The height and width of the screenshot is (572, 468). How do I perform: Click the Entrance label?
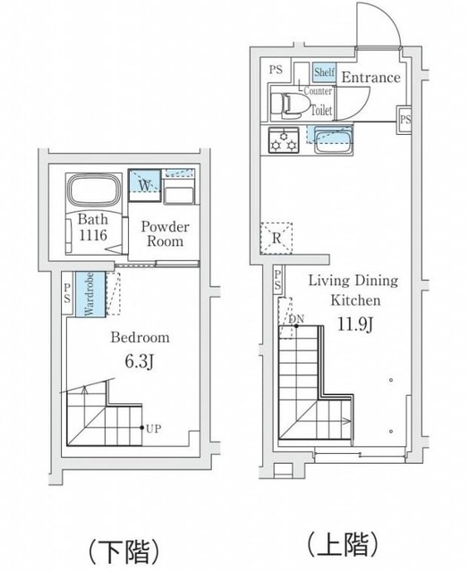tap(370, 78)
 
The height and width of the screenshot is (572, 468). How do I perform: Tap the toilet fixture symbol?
tap(286, 105)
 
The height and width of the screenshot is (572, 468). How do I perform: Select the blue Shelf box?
tap(325, 72)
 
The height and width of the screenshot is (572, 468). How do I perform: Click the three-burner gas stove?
tap(284, 139)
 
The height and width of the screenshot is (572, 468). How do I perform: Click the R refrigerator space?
tap(277, 239)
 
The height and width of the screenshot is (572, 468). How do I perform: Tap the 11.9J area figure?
tap(354, 324)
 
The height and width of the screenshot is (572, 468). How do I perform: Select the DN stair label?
tap(296, 319)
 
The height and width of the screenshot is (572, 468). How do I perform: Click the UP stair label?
tap(153, 429)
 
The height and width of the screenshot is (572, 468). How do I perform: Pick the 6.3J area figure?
tap(140, 361)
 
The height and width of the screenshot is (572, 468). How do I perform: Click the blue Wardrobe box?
tap(90, 294)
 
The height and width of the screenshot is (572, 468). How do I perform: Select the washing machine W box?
tap(145, 185)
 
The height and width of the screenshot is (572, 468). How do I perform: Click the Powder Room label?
tap(166, 234)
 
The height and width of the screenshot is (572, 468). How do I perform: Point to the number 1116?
tap(93, 235)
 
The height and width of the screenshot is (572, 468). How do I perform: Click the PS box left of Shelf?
tap(276, 70)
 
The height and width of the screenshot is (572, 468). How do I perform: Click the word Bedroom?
tap(140, 337)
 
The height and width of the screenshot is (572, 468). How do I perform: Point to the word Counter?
tap(318, 91)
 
